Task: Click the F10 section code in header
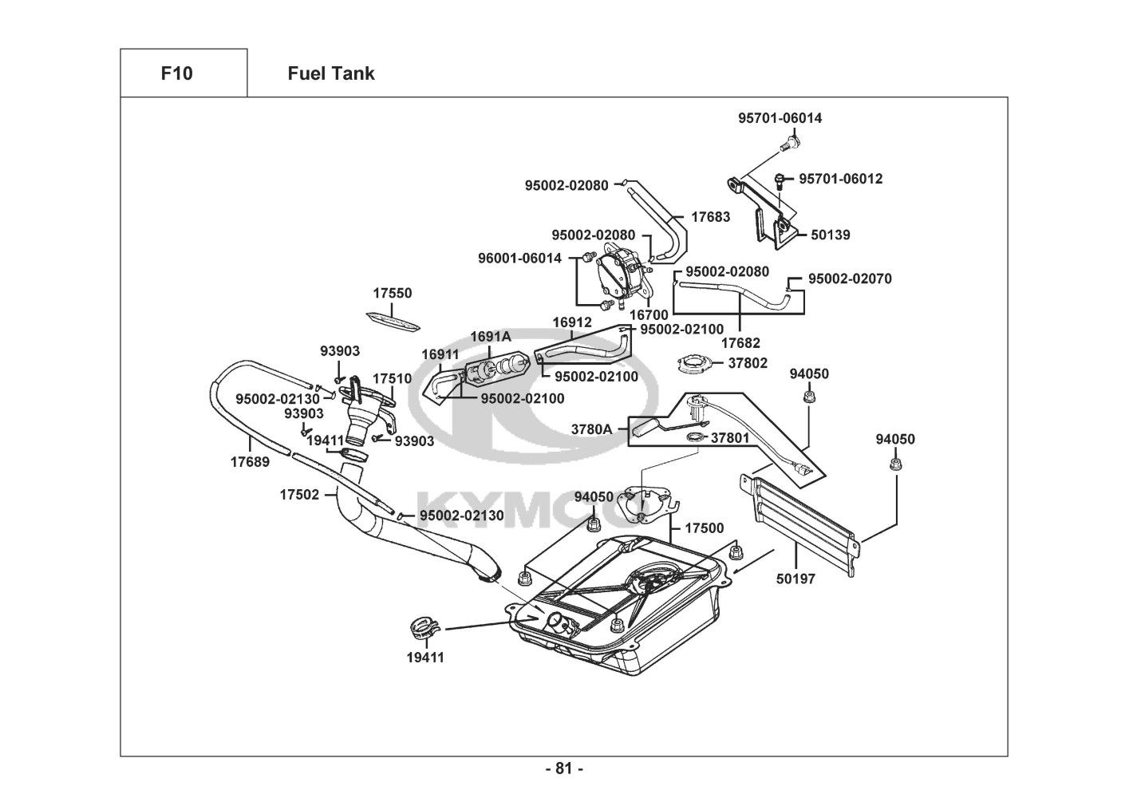click(x=176, y=73)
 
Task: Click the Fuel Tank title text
click(x=330, y=73)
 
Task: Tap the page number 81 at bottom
click(x=563, y=768)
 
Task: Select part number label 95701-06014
click(x=780, y=118)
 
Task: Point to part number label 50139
click(x=831, y=235)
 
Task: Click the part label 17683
click(x=710, y=217)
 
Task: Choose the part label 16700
click(x=649, y=315)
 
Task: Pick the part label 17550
click(x=393, y=293)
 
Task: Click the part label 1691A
click(x=490, y=336)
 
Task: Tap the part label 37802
click(x=748, y=363)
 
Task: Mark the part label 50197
click(x=795, y=579)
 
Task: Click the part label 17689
click(x=250, y=461)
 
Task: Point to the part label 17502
click(x=299, y=495)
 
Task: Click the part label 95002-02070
click(x=850, y=279)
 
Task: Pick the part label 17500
click(x=705, y=528)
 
